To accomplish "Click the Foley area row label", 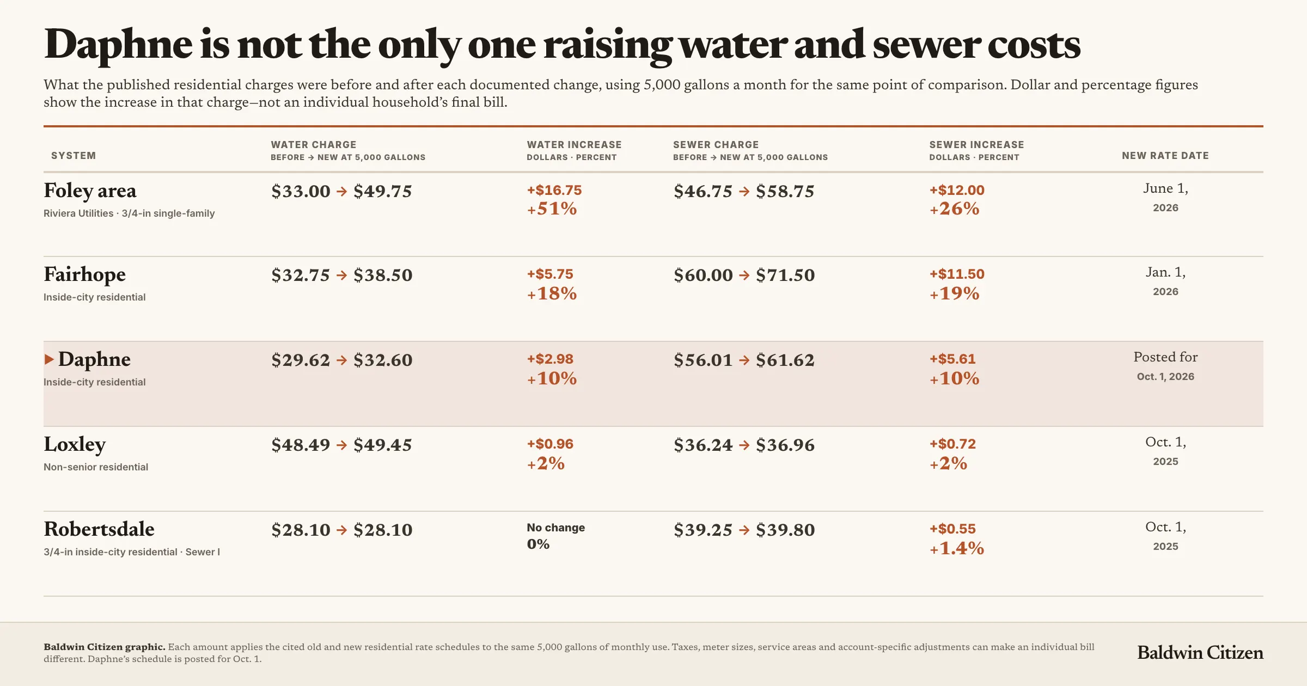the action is [90, 191].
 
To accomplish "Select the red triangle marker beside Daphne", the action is [49, 359].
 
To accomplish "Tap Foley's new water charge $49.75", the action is [383, 192].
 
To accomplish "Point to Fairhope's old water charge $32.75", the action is [301, 275].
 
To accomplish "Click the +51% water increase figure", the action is [552, 209].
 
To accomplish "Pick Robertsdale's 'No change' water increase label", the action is [555, 528].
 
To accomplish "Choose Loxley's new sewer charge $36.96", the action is [785, 445].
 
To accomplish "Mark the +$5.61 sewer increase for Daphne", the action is [952, 359].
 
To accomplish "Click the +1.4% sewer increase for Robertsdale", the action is [957, 548].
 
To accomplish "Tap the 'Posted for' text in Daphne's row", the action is [1165, 357].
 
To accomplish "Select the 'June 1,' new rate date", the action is [1165, 189].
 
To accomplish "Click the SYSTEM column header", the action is [74, 156].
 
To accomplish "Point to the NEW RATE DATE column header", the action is [1165, 156].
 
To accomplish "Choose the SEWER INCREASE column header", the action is [976, 145].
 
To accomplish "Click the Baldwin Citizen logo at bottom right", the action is [1200, 652].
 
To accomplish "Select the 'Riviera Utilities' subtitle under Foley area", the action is [78, 213].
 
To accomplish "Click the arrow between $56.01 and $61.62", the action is [744, 360].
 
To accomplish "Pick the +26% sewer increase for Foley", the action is [954, 209].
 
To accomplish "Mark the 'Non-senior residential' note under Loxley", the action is [96, 467].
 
